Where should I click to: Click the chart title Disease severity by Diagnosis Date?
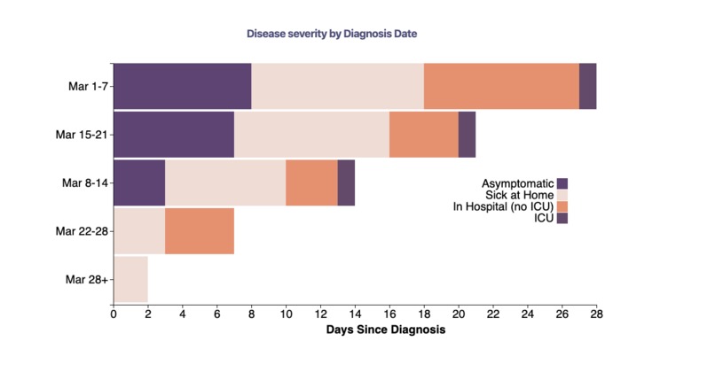(x=332, y=34)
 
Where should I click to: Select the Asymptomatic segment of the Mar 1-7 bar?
(x=182, y=86)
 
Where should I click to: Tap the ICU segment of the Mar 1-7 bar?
(x=587, y=86)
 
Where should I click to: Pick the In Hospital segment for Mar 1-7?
(x=501, y=86)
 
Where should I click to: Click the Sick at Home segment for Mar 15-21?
(x=311, y=135)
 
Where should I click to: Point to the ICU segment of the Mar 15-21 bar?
(x=467, y=135)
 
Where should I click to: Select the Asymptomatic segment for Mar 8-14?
(x=139, y=182)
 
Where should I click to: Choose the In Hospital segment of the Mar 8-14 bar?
(x=311, y=182)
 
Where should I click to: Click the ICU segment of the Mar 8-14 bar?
(x=346, y=182)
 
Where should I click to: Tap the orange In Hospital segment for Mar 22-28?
(x=200, y=231)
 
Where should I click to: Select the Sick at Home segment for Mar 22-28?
(x=139, y=231)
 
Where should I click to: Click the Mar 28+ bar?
(x=130, y=279)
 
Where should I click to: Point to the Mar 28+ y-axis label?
(x=85, y=279)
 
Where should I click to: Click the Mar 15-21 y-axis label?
(x=82, y=135)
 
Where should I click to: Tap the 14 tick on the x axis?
(x=355, y=314)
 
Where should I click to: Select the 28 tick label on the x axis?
(x=596, y=314)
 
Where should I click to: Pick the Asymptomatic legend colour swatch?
(x=562, y=183)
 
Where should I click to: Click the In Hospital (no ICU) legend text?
(x=503, y=206)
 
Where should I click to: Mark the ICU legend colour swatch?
(x=562, y=218)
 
